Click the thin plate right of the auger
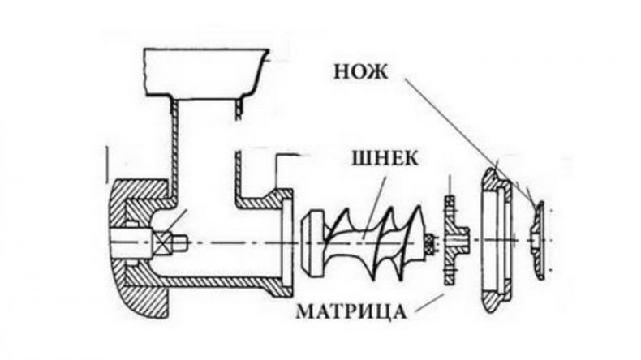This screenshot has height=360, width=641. [451, 240]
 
